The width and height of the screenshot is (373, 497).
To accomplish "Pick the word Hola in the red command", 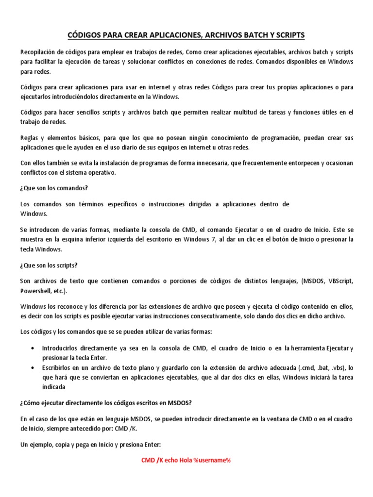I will pyautogui.click(x=186, y=460).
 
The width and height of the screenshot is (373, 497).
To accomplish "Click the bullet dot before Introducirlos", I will pyautogui.click(x=32, y=348).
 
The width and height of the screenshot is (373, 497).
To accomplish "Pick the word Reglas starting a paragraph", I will pyautogui.click(x=30, y=138).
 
